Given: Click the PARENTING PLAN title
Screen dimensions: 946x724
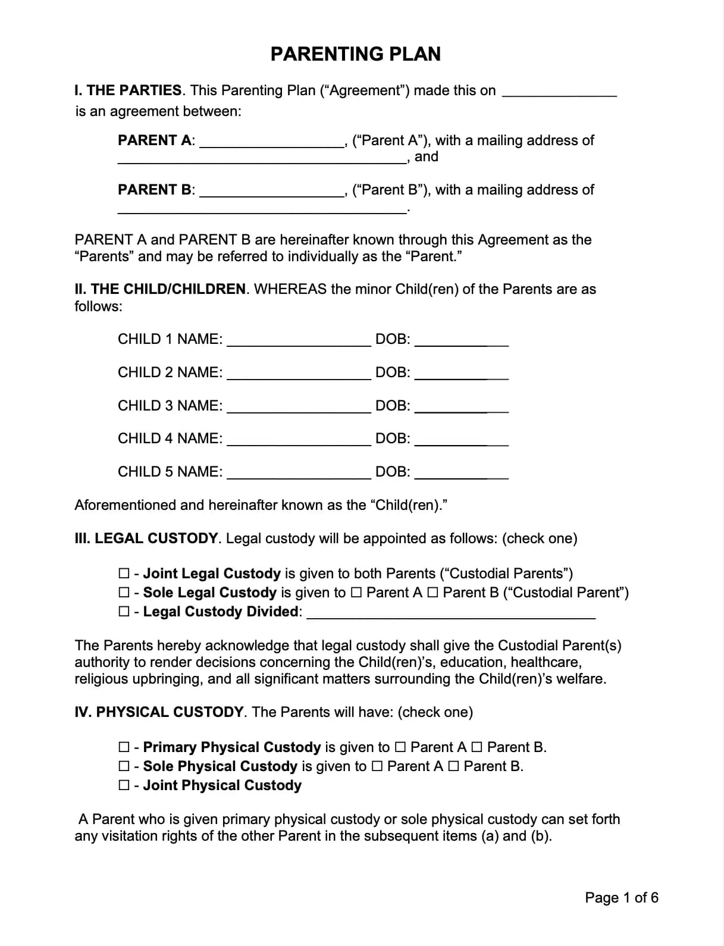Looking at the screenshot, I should (355, 54).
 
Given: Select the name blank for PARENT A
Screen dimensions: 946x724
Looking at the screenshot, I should (271, 142).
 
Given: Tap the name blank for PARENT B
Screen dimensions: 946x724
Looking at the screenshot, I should (271, 191).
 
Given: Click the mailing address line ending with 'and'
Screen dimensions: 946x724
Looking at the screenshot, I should (262, 158).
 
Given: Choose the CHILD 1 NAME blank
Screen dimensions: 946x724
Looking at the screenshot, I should (299, 340).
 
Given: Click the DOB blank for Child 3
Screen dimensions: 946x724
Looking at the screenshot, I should (461, 407).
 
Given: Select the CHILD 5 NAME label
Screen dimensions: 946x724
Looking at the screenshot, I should (170, 472).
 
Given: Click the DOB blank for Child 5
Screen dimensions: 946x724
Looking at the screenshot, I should (461, 473).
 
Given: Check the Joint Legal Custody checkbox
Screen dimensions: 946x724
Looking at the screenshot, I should (124, 574).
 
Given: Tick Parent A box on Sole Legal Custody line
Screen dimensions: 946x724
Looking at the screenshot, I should (356, 593).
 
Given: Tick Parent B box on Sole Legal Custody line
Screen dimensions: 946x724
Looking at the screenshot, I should (432, 593).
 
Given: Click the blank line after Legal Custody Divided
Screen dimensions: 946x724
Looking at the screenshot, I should (450, 613).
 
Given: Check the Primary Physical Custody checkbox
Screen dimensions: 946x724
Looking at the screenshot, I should (124, 747).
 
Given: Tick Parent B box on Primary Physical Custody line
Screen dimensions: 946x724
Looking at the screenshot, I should (477, 747).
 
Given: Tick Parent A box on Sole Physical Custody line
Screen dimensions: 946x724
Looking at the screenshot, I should (377, 766).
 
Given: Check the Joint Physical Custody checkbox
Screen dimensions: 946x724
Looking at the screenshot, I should (124, 785).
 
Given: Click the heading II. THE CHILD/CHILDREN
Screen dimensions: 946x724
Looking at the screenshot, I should (160, 290).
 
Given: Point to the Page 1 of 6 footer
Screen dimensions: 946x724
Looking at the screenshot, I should (621, 897).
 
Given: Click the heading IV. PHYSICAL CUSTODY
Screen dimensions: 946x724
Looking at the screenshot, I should (159, 712).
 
